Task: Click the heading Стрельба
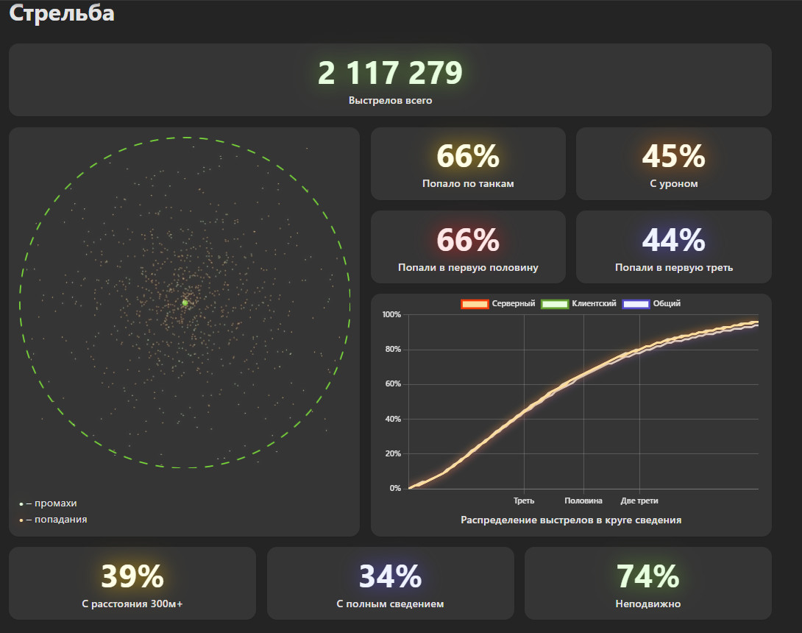click(x=62, y=13)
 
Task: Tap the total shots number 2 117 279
click(x=390, y=73)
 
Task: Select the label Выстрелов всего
click(x=390, y=101)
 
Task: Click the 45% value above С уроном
click(x=674, y=156)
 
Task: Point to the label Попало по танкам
click(x=468, y=184)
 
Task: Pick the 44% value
click(x=674, y=240)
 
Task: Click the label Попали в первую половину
click(x=468, y=268)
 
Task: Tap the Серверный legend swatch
click(x=475, y=304)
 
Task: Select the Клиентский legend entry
click(x=578, y=304)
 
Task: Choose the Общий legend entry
click(x=651, y=304)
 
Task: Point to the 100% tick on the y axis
click(x=391, y=315)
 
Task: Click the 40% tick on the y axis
click(x=394, y=419)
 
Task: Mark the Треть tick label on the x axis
click(x=524, y=501)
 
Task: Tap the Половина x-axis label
click(x=583, y=501)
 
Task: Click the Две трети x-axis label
click(x=639, y=501)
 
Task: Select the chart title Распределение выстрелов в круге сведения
click(x=571, y=520)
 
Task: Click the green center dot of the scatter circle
click(x=185, y=303)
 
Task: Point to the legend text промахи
click(x=56, y=503)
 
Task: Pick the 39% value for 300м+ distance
click(x=132, y=577)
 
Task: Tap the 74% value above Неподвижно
click(x=648, y=577)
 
